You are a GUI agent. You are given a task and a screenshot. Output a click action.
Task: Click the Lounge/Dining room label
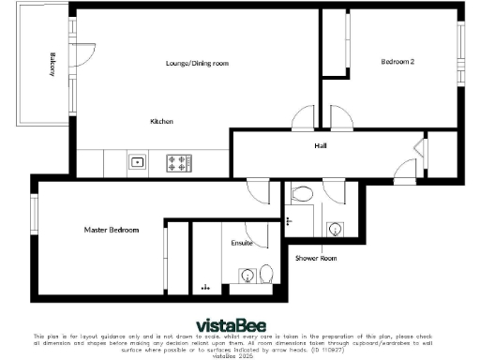coord(198,64)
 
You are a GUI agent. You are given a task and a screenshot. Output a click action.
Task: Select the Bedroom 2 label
coord(397,62)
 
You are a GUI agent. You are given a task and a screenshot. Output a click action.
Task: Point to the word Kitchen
coord(162,122)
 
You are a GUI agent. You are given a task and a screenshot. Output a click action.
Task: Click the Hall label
coord(321,145)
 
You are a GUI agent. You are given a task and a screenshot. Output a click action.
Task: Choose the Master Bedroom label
coord(112,230)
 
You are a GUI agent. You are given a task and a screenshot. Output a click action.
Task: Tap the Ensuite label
coord(242,243)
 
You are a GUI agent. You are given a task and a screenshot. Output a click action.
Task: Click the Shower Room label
coord(316,258)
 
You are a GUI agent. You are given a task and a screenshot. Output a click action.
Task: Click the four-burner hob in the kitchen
coord(176,161)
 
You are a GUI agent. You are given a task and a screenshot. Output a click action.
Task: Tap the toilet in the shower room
coord(302,194)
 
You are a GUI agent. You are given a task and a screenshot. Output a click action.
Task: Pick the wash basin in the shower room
coord(335,229)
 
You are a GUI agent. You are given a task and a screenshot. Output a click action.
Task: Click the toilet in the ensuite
coord(266,275)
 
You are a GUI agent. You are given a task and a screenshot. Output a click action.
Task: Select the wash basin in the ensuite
coord(246,276)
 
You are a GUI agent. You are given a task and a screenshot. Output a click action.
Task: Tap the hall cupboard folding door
coord(417,148)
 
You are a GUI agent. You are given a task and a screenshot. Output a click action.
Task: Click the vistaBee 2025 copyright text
coord(238,356)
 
